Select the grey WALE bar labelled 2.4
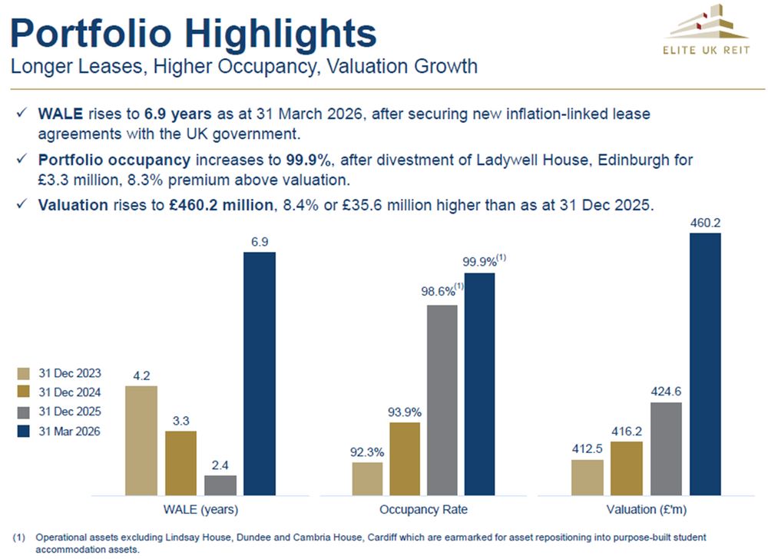click(220, 485)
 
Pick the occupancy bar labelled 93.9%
click(405, 458)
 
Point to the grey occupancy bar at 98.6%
click(442, 399)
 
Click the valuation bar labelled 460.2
click(705, 364)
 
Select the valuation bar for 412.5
click(587, 477)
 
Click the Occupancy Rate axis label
click(423, 510)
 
